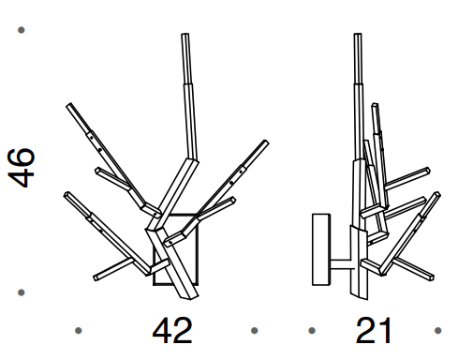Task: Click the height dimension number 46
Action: click(22, 167)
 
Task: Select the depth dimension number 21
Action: click(373, 331)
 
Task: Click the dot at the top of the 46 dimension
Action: click(22, 31)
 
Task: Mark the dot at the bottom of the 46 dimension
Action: click(22, 292)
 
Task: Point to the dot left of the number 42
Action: click(79, 330)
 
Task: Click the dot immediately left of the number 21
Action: click(312, 330)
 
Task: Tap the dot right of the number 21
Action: click(436, 330)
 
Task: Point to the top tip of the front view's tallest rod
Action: click(185, 37)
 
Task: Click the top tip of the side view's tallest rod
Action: click(358, 37)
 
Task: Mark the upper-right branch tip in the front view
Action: click(262, 144)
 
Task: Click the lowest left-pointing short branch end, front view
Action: click(99, 277)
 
